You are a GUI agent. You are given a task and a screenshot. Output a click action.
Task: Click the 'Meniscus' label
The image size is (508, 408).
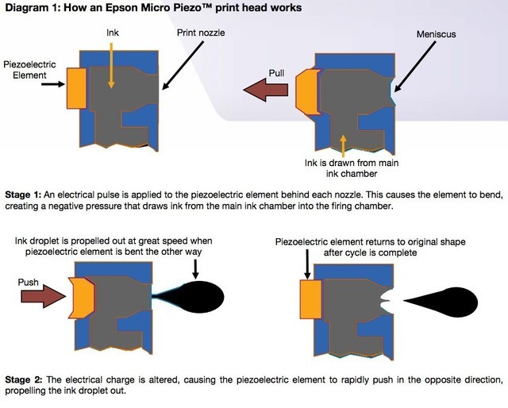[435, 35]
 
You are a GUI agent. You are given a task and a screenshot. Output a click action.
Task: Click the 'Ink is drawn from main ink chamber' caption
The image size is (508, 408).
[344, 167]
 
